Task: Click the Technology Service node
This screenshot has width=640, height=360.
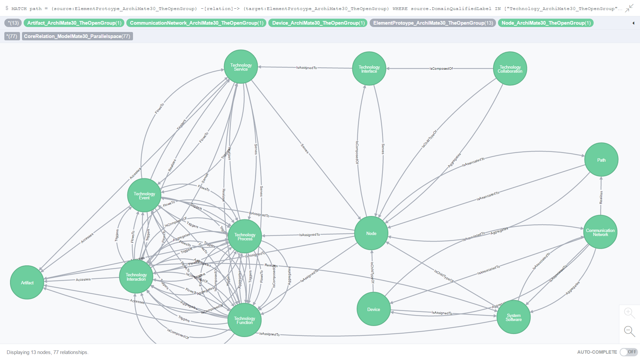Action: tap(241, 67)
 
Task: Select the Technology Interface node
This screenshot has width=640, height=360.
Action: tap(369, 69)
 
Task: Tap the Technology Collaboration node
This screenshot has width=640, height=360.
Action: tap(510, 69)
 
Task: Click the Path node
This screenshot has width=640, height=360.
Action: tap(601, 160)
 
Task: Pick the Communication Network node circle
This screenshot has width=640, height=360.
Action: tap(600, 232)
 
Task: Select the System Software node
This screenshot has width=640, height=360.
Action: tap(513, 317)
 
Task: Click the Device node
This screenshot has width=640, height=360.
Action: tap(373, 309)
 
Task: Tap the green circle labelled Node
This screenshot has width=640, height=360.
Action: tap(371, 233)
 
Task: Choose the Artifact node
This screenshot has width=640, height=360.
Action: tap(27, 283)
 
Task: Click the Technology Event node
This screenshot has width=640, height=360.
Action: tap(144, 195)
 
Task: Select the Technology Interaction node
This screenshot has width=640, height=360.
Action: tap(136, 277)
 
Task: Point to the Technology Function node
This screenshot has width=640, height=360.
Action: tap(244, 320)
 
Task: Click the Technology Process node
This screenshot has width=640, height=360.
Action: tap(245, 236)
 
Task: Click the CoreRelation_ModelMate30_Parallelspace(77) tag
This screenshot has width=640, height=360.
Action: tap(77, 36)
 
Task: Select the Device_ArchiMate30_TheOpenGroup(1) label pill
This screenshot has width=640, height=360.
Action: tap(318, 23)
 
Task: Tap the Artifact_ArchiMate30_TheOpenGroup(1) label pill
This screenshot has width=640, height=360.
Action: tap(74, 23)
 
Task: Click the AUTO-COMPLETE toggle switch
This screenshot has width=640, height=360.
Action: tap(628, 352)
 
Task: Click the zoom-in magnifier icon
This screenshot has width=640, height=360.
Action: tap(629, 313)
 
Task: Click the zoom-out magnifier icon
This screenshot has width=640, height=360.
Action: tap(629, 331)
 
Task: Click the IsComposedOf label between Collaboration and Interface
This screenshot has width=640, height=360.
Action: tap(441, 69)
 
